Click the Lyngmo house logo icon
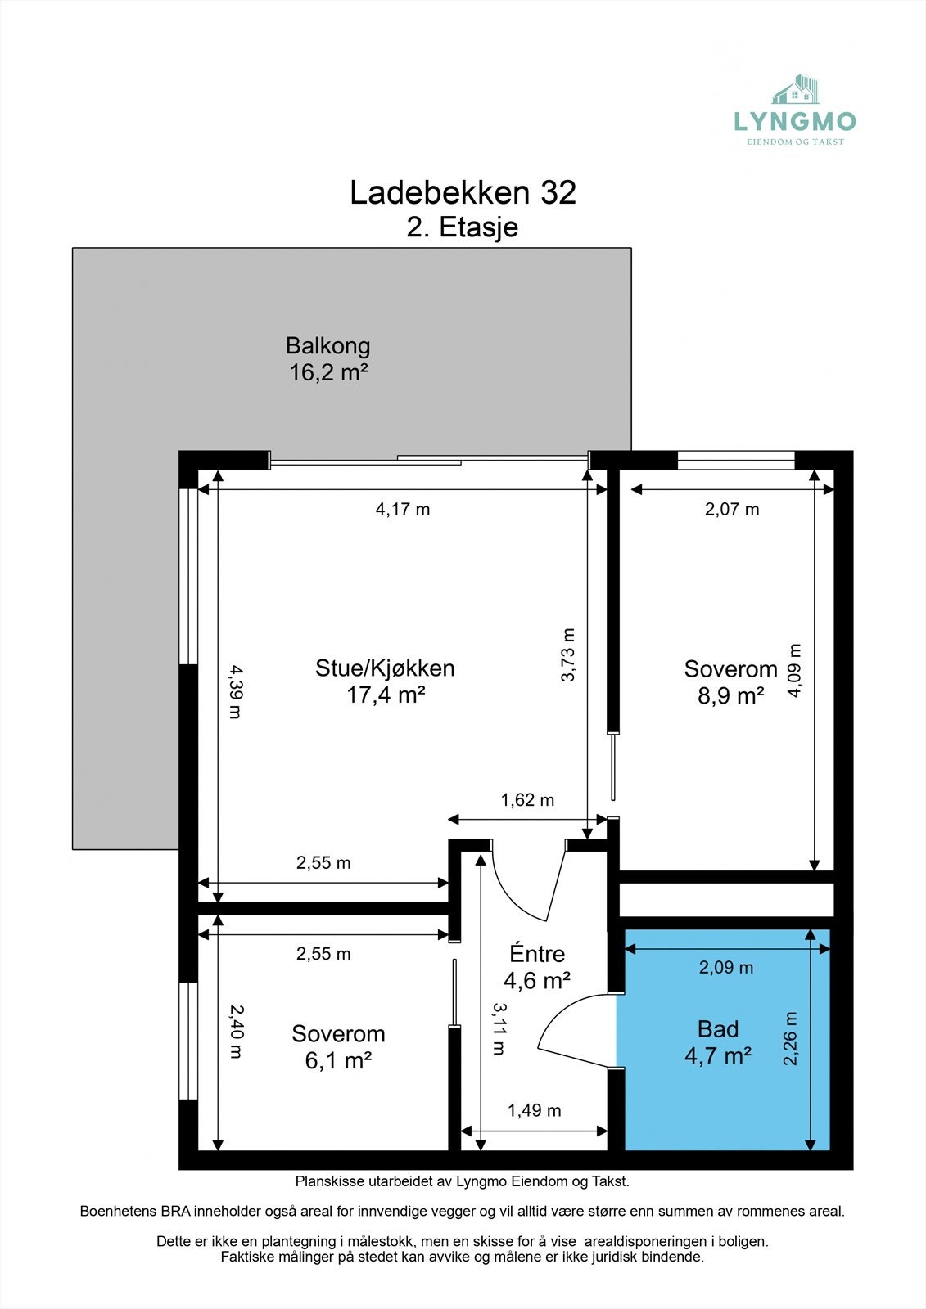795,89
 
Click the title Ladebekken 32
463,192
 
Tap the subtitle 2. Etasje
462,227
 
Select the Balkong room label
327,346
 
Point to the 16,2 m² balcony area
328,372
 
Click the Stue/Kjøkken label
385,668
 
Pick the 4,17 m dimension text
403,510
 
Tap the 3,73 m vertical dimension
568,654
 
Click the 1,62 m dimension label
527,800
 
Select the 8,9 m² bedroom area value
730,696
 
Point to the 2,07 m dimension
732,510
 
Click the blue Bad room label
718,1029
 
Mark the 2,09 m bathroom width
726,968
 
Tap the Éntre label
537,954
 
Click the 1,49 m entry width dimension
534,1110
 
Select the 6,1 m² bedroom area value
338,1060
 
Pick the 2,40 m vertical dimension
236,1032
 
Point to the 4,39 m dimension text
236,691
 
